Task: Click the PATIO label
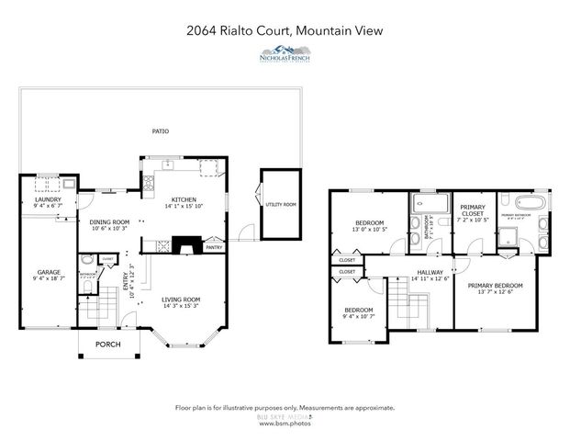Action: (x=161, y=131)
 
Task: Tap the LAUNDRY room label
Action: (x=47, y=199)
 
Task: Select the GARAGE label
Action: (x=48, y=272)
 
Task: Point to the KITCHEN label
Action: (x=184, y=199)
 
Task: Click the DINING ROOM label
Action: (x=109, y=221)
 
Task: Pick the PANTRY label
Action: (x=214, y=247)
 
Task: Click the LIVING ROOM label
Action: (x=181, y=300)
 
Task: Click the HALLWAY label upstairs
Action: (x=430, y=272)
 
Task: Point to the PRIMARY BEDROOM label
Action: (x=496, y=286)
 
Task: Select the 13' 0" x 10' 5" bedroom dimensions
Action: (x=371, y=229)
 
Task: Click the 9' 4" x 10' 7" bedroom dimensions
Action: (x=358, y=317)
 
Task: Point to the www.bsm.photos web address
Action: (x=285, y=424)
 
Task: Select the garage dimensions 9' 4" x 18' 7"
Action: (x=48, y=279)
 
